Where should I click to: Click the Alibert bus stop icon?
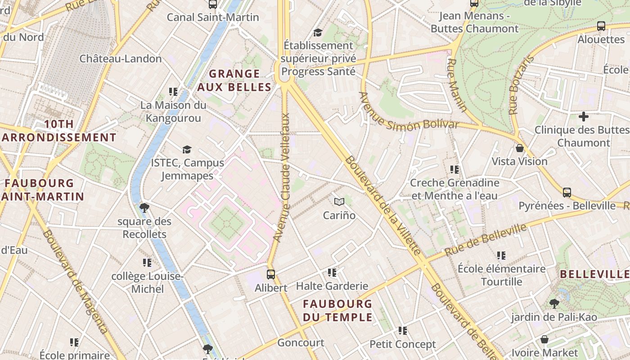click(271, 274)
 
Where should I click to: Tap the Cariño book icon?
click(339, 202)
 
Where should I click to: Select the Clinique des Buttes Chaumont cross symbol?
click(584, 117)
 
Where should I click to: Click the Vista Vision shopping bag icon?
click(520, 148)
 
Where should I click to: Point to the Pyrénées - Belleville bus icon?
click(567, 193)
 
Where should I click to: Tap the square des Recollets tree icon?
click(144, 207)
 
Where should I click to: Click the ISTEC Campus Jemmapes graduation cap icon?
click(187, 149)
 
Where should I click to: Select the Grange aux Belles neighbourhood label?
click(234, 80)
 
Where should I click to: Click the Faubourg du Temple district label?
click(337, 310)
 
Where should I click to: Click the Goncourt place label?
click(301, 343)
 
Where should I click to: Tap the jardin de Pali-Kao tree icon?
click(554, 304)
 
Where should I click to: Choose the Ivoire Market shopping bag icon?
click(544, 339)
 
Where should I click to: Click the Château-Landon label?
click(121, 58)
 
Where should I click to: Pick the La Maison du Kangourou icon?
click(173, 92)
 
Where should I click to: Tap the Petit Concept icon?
click(403, 331)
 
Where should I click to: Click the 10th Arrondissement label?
click(58, 130)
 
